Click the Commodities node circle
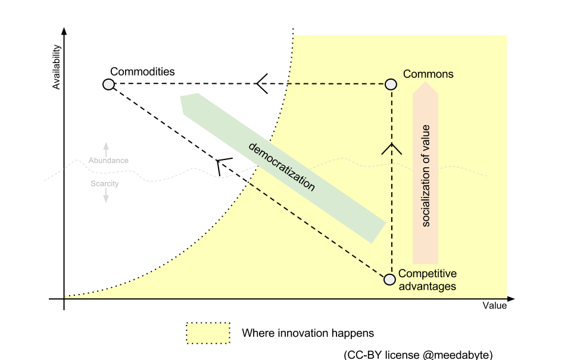tap(108, 84)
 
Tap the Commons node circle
tap(391, 84)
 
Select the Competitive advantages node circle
tap(389, 280)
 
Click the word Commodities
tap(142, 71)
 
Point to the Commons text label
tap(428, 74)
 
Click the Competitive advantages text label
tap(427, 280)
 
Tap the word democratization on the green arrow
tap(281, 167)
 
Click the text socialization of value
tap(426, 176)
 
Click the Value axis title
tap(494, 306)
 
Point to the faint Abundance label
tap(108, 161)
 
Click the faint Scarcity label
tap(105, 184)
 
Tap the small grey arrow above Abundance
tap(106, 149)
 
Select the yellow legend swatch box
tap(208, 333)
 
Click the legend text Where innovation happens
tap(308, 333)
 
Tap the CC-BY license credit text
tap(418, 355)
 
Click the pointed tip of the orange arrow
tap(426, 82)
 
